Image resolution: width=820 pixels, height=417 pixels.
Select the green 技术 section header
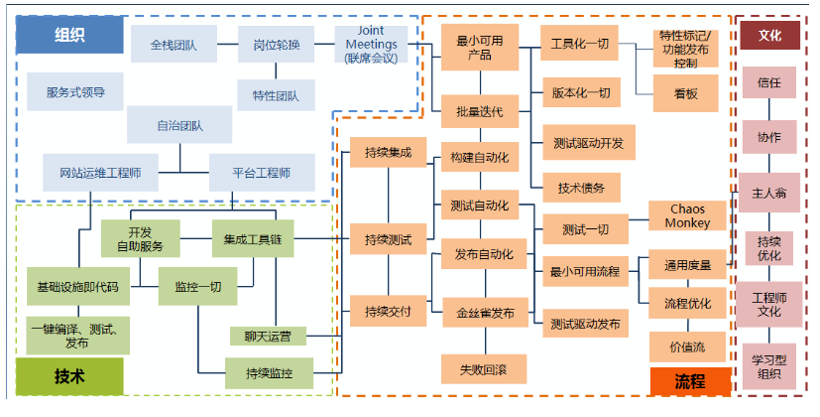69,376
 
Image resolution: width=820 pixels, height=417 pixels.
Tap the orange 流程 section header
690,380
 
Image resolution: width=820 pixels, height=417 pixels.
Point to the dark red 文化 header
769,35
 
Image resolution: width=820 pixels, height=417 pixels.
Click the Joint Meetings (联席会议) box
372,45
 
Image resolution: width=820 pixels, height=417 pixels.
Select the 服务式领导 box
75,92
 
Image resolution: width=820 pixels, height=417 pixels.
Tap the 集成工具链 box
253,238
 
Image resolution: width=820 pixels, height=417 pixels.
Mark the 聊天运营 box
268,336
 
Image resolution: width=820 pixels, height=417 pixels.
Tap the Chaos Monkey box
687,217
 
